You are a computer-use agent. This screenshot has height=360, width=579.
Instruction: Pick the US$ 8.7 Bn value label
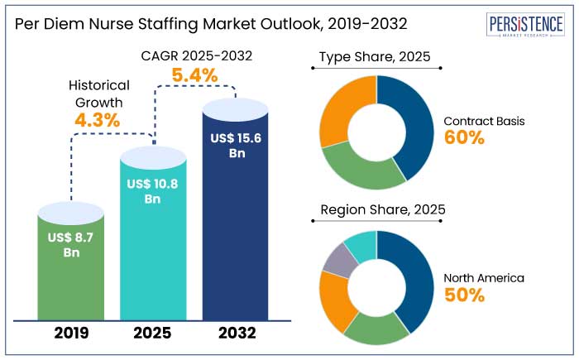point(72,245)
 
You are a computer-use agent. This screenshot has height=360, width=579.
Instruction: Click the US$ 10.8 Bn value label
point(153,191)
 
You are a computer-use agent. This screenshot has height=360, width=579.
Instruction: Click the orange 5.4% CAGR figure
point(194,76)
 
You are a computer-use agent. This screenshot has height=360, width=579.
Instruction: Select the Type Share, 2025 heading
point(376,57)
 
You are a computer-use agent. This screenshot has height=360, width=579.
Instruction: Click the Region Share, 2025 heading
point(383,210)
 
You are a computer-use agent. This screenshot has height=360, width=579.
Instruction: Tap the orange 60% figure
point(464,138)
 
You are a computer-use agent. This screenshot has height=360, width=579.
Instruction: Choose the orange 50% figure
point(464,295)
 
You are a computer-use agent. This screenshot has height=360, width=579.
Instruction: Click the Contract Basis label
point(484,121)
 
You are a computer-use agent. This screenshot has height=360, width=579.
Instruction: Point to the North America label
point(484,277)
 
